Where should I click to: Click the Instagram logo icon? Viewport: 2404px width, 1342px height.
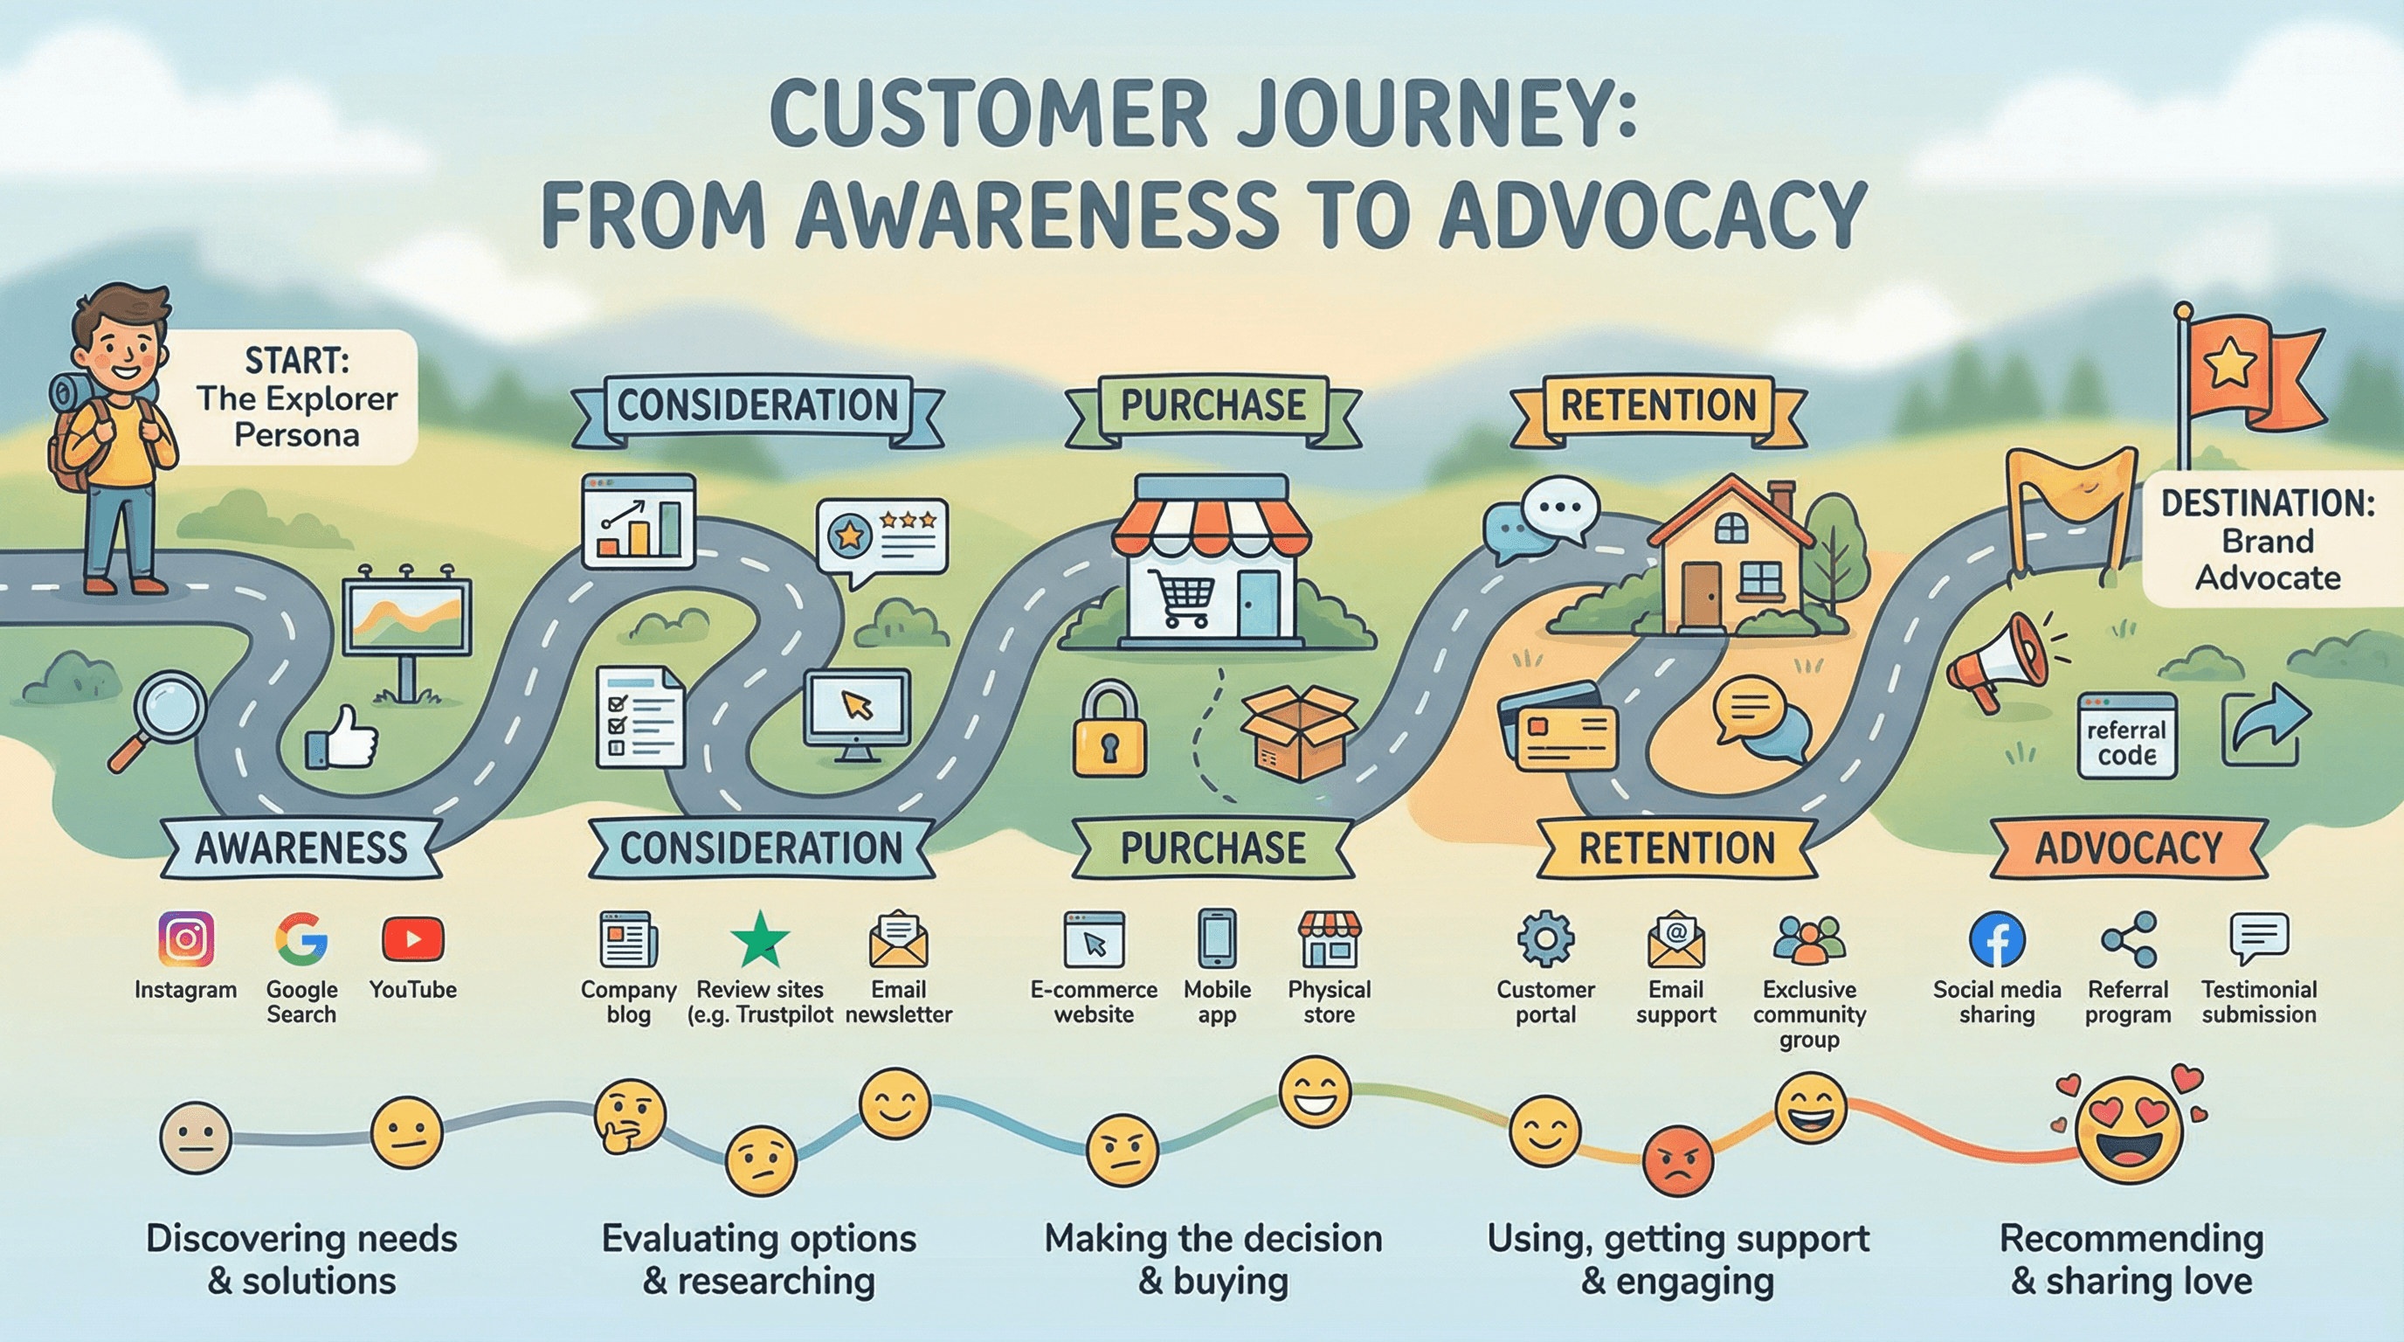186,939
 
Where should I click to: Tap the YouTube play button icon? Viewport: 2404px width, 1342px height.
412,939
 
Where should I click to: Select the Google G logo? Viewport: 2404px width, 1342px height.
300,939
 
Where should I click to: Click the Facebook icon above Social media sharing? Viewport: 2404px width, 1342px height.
1996,940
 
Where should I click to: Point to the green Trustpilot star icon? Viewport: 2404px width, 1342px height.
760,939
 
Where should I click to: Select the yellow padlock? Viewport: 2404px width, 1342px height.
1109,731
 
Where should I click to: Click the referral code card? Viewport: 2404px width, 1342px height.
2127,737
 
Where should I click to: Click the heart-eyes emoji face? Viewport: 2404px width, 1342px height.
2131,1128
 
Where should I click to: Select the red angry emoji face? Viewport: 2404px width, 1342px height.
1677,1160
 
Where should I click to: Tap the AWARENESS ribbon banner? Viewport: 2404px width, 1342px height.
300,848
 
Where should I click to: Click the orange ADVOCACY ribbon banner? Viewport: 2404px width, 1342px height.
2128,848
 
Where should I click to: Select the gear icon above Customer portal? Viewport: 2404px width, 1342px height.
1545,939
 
